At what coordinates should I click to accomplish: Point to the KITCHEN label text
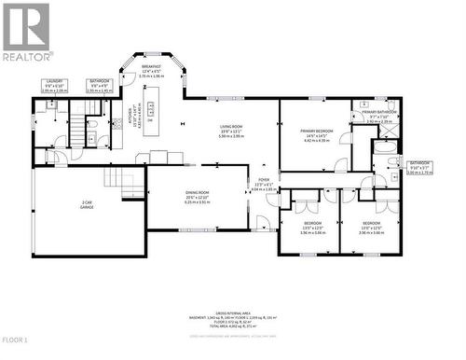[131, 118]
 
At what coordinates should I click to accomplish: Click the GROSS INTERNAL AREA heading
[233, 314]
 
